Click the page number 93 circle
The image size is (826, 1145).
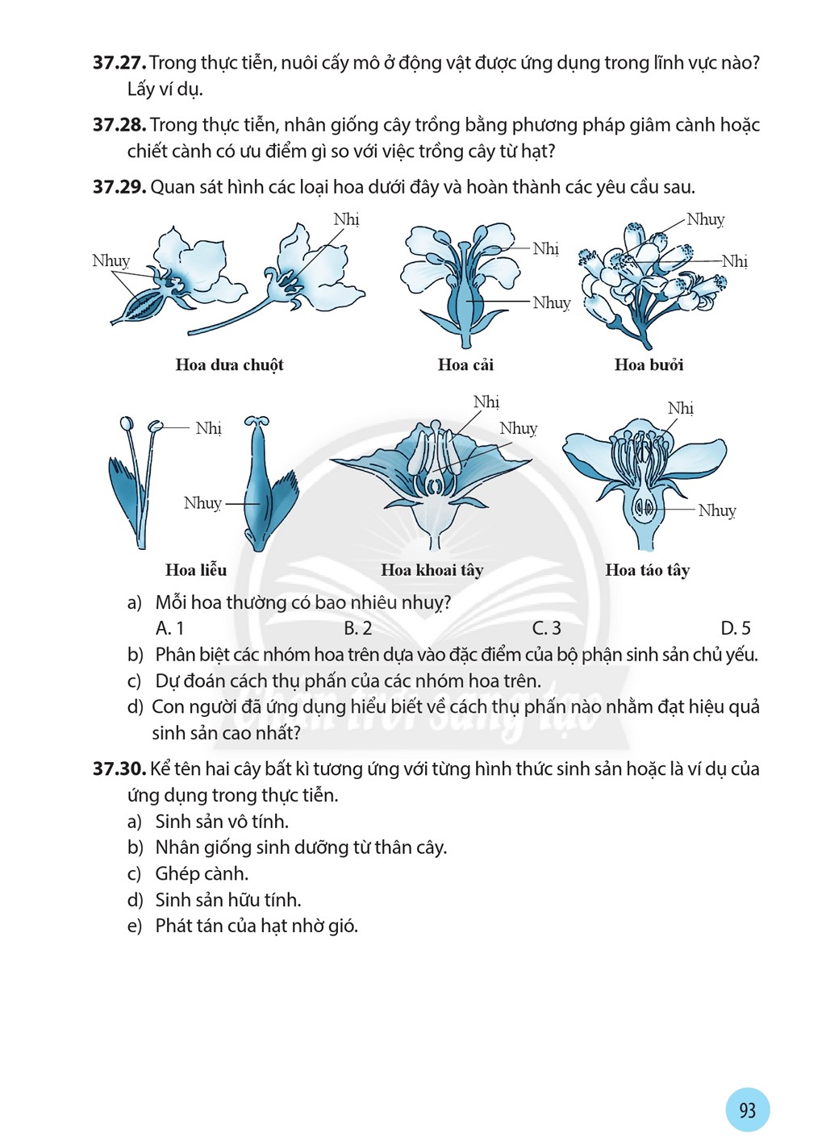(747, 1110)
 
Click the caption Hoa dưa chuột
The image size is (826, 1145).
(229, 365)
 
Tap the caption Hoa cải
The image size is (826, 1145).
(466, 364)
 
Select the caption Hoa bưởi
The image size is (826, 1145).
(649, 364)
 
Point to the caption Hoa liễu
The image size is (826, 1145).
(196, 569)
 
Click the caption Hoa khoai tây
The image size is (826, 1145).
(432, 570)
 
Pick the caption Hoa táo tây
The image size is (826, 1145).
(648, 570)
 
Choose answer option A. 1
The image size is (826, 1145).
(169, 627)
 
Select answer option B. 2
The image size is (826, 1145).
(357, 627)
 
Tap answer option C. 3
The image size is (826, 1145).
(546, 627)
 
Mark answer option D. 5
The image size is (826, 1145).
(736, 627)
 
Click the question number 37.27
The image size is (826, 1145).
(119, 63)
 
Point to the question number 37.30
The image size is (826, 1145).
(119, 768)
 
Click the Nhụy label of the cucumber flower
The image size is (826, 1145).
(111, 260)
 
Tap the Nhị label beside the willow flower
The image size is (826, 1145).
(209, 428)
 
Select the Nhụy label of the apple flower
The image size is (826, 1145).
(717, 510)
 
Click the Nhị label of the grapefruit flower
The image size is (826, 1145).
(735, 261)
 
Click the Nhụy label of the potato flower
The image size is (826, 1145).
(518, 428)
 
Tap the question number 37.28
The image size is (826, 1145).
(119, 125)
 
